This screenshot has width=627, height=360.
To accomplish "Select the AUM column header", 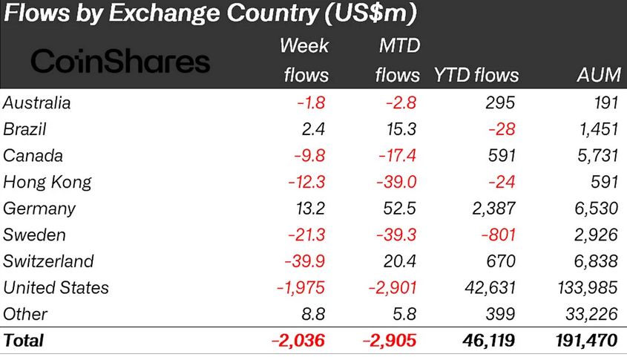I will (x=597, y=75).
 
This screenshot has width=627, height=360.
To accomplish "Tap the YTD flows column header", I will (x=476, y=75).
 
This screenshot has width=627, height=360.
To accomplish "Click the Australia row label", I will (x=37, y=102).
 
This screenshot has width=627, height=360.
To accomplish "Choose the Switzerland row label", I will (x=49, y=261).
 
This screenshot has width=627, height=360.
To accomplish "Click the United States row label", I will (x=56, y=288).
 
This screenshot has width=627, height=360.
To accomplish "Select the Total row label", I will (x=24, y=341).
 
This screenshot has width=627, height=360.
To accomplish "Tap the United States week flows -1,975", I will (x=301, y=288).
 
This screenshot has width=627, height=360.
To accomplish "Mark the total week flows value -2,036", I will (x=298, y=341).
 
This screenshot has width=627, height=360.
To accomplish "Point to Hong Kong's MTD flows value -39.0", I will (x=396, y=182).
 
